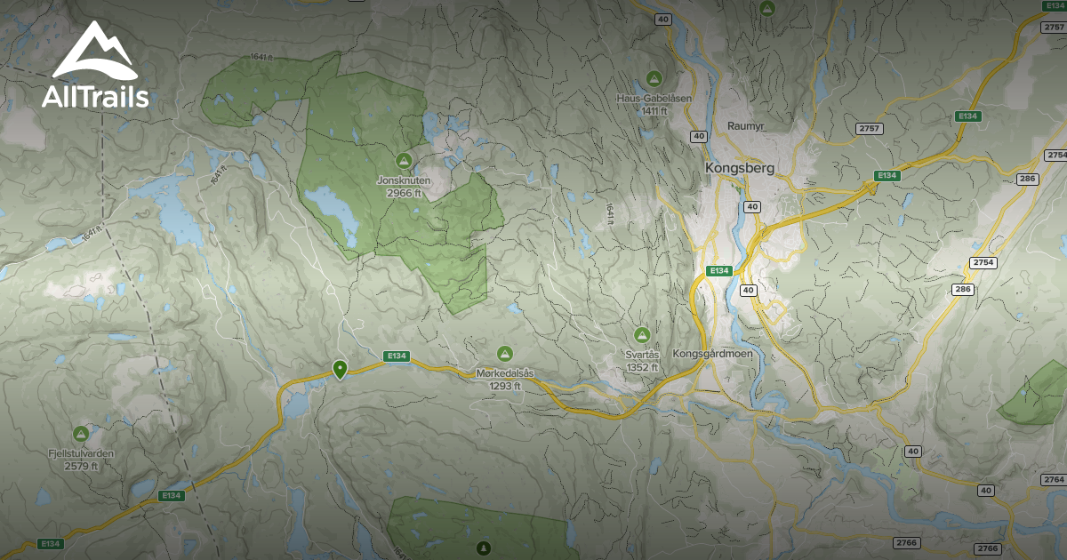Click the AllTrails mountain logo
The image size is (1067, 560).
tap(94, 52)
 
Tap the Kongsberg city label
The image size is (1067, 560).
tap(740, 167)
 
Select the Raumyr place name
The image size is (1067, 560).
tap(746, 126)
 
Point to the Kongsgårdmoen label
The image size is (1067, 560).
tap(713, 354)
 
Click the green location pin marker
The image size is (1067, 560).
tap(339, 368)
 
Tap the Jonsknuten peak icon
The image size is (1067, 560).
tap(404, 161)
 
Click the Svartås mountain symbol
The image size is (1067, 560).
tap(642, 335)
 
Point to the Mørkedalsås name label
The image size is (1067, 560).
tap(505, 373)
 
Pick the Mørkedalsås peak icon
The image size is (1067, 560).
tap(505, 354)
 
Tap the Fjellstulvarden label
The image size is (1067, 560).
tap(81, 453)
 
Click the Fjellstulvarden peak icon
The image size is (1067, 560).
tap(81, 434)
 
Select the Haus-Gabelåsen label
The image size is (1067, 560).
tap(654, 98)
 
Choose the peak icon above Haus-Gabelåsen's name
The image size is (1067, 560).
tap(654, 78)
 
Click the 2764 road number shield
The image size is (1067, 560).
tap(1053, 480)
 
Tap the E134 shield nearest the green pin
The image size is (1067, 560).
tap(397, 356)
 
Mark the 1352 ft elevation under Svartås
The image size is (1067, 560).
tap(642, 367)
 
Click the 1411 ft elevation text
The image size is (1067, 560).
tap(654, 110)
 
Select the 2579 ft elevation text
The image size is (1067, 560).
tap(81, 466)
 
